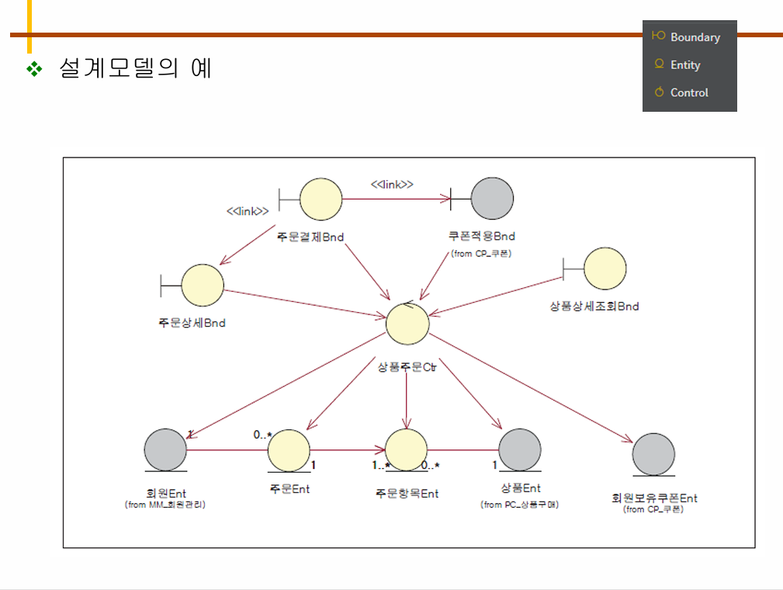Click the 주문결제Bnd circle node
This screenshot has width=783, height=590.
[320, 199]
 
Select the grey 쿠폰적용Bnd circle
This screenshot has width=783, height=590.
[492, 199]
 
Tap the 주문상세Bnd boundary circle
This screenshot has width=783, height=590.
[202, 285]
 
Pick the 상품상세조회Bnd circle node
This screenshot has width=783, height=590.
[605, 268]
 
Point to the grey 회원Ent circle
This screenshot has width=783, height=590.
[165, 449]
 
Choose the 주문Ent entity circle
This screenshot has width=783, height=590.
[289, 450]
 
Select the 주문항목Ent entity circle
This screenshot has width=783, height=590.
[406, 450]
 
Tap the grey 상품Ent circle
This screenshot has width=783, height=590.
[519, 449]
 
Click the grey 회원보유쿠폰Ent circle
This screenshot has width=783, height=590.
[653, 454]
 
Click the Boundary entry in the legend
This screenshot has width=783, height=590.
[695, 37]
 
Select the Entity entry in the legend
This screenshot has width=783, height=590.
[685, 65]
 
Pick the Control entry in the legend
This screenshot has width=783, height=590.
[689, 92]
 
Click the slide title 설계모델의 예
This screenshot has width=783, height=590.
[135, 68]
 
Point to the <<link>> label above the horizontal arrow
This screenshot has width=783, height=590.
[391, 184]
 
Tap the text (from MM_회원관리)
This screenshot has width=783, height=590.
[170, 505]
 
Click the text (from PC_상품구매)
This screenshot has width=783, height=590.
[520, 505]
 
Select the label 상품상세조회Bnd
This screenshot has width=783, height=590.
[594, 306]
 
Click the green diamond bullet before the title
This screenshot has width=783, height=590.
[34, 69]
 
